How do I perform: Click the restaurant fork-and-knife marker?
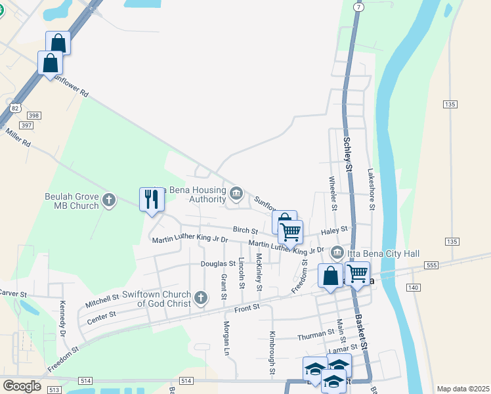[x=152, y=199]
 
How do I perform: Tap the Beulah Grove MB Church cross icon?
[x=109, y=199]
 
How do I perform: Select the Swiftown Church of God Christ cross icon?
[x=202, y=298]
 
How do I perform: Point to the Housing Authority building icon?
[x=236, y=193]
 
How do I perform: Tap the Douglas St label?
[x=219, y=263]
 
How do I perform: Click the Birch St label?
[x=246, y=230]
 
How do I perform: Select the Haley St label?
[x=333, y=230]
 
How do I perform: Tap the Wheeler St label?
[x=333, y=194]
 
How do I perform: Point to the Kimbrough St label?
[x=272, y=353]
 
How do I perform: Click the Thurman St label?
[x=316, y=334]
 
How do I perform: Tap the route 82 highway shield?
[x=15, y=107]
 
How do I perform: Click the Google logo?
[x=22, y=386]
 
